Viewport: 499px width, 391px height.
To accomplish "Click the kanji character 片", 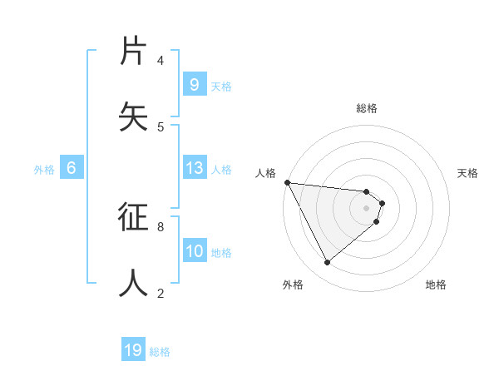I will point(134,51).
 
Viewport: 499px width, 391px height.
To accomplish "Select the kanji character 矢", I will point(134,116).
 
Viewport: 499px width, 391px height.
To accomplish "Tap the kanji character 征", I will point(134,218).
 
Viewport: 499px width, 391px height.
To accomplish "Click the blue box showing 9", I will point(195,85).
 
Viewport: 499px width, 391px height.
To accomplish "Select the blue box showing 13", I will point(195,168).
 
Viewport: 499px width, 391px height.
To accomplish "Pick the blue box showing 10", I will point(195,251).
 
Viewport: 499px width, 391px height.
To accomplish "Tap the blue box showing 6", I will point(72,168).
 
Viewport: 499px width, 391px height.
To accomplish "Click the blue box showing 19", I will point(133,350).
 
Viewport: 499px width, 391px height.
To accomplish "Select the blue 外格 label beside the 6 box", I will point(44,170).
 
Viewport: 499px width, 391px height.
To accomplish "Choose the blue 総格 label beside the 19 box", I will point(160,352).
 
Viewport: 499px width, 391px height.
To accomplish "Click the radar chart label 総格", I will point(367,108).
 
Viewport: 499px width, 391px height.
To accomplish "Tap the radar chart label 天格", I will point(468,173).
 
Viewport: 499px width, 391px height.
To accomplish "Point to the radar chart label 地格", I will point(436,285).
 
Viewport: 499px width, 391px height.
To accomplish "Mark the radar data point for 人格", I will point(287,182).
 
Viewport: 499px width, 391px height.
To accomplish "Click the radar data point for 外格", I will point(327,263).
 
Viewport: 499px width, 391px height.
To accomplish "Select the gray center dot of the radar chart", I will point(367,208).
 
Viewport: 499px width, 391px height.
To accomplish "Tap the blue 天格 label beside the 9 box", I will point(221,87).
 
